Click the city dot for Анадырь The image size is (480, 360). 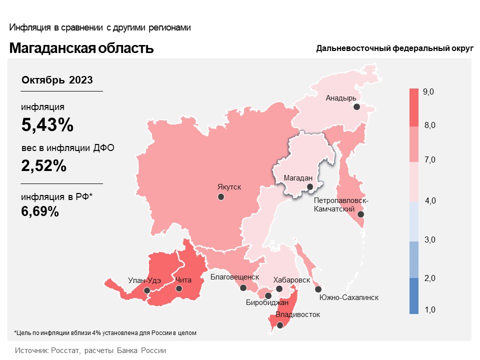[x=356, y=106]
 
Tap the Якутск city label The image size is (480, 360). [x=229, y=187]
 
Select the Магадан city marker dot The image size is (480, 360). [x=310, y=187]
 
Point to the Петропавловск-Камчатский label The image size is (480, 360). [x=341, y=204]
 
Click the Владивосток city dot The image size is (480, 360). [x=280, y=325]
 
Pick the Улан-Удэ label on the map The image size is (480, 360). [x=144, y=280]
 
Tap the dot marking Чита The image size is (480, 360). [x=179, y=288]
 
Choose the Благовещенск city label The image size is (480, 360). [x=234, y=276]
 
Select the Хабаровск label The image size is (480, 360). [x=292, y=279]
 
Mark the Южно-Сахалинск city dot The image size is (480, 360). [x=318, y=289]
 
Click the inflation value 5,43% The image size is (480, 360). [x=47, y=125]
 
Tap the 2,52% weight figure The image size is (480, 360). [x=44, y=165]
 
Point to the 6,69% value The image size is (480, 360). [x=40, y=211]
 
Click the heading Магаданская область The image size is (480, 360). [x=81, y=48]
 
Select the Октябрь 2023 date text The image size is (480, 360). [x=57, y=80]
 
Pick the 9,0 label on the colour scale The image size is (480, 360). [x=428, y=92]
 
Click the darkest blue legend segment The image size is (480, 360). [x=413, y=296]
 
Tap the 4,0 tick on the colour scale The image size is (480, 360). [x=429, y=201]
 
